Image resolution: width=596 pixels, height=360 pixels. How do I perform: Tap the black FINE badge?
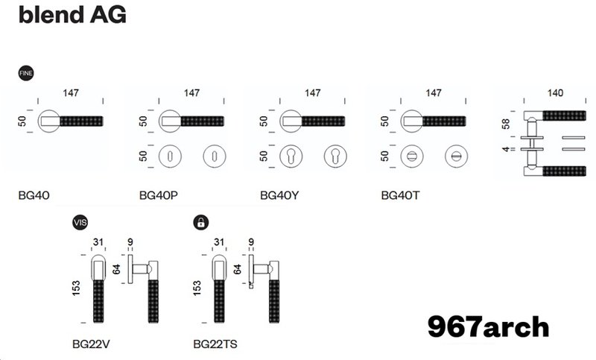click(25, 73)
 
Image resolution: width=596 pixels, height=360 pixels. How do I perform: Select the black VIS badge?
click(80, 221)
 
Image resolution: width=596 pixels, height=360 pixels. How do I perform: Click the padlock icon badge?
click(200, 221)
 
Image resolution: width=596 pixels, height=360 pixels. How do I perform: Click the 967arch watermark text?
click(488, 326)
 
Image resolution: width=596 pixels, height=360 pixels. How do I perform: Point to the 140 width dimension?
click(555, 93)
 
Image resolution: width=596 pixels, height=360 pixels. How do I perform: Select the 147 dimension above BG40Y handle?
click(313, 93)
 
